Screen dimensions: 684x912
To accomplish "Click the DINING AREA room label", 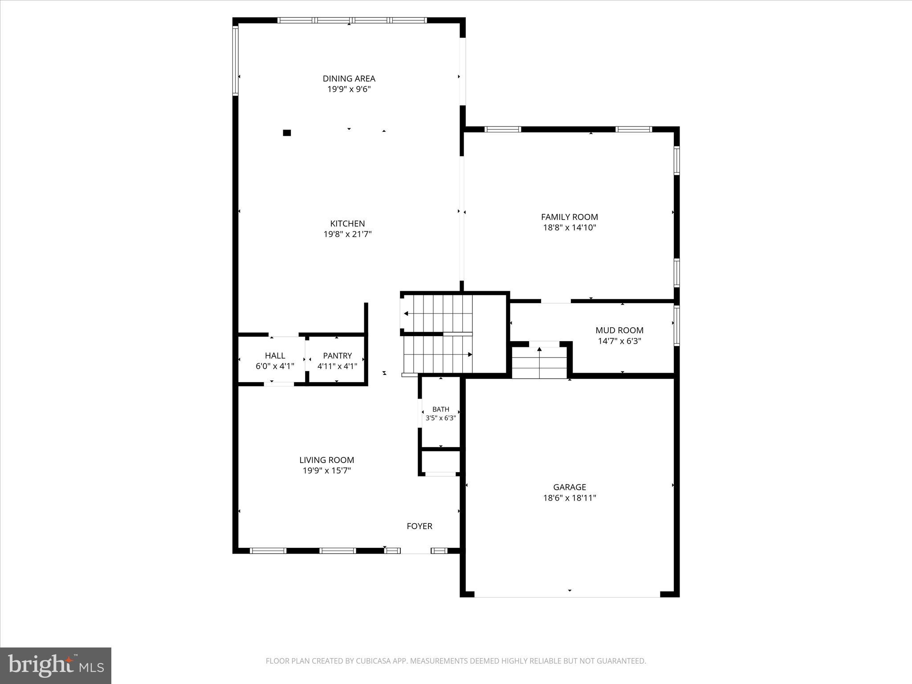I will (x=349, y=78).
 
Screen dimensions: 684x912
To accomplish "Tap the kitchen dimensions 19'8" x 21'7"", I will (x=347, y=234).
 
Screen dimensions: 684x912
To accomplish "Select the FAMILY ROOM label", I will (x=569, y=217).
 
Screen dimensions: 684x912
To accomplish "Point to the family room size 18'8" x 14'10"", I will (x=569, y=228).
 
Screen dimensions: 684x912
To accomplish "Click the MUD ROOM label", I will (x=619, y=330).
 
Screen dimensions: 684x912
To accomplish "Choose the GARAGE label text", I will (x=569, y=487).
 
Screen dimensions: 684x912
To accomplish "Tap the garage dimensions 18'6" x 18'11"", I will (x=569, y=498).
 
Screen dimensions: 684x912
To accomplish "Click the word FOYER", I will (x=419, y=526).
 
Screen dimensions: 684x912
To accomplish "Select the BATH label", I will (x=440, y=409).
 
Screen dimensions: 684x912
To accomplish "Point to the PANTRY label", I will (x=337, y=356).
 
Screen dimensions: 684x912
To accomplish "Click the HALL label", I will (x=275, y=356).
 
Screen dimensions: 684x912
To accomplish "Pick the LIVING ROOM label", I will (x=326, y=460).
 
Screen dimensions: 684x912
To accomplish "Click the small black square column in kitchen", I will (x=287, y=133).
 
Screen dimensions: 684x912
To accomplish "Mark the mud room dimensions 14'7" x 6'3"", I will (x=619, y=341).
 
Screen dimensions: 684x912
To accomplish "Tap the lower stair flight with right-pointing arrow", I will (x=438, y=354).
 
